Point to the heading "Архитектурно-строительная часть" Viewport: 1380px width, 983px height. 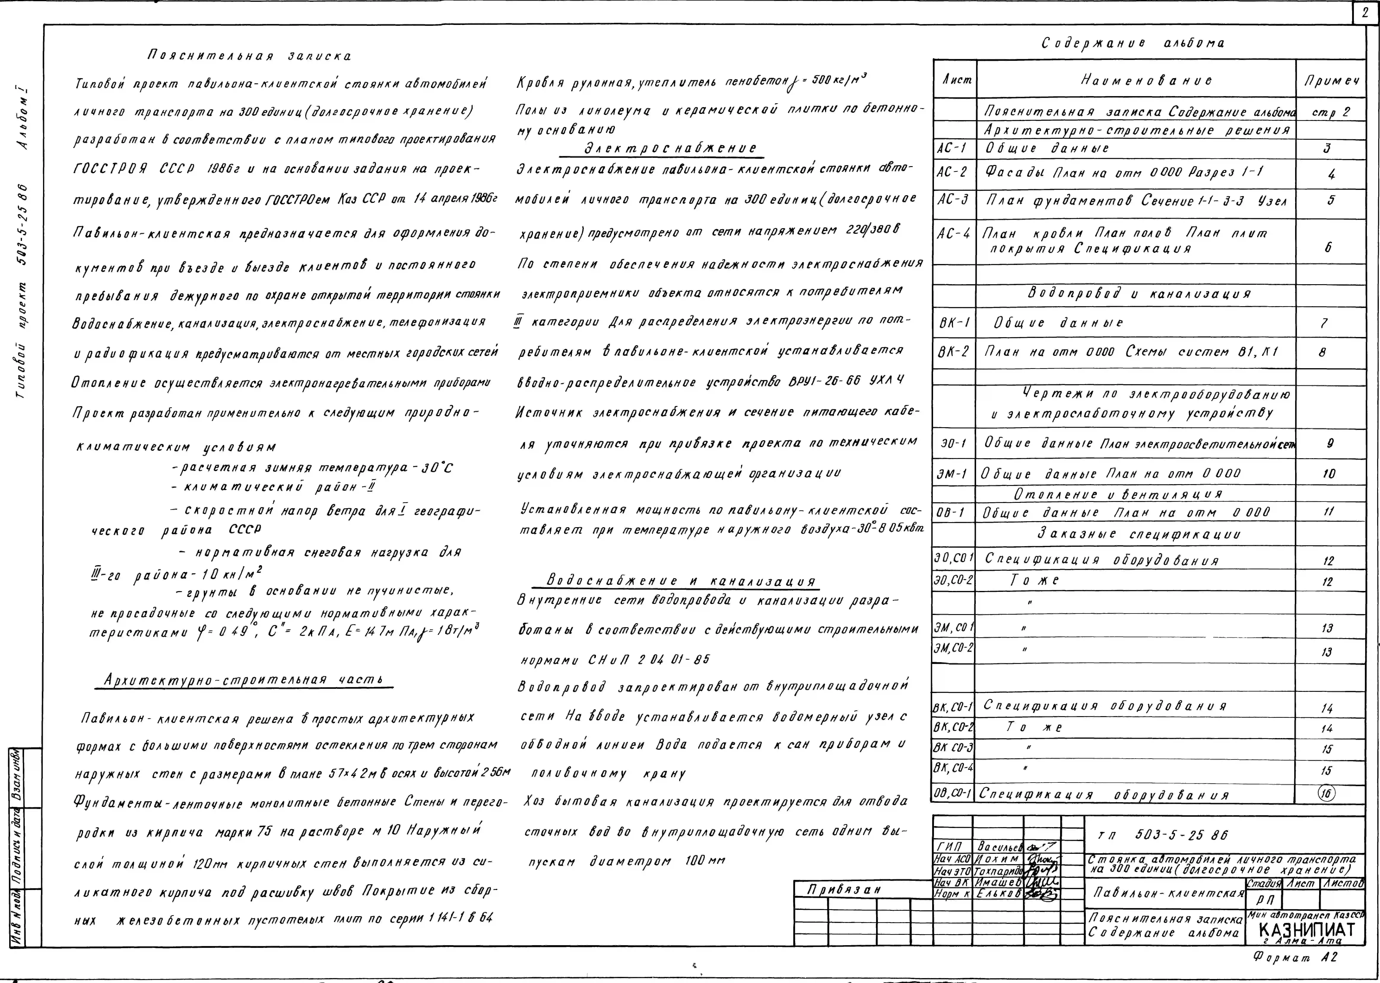[244, 680]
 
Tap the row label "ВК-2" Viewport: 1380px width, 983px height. [954, 352]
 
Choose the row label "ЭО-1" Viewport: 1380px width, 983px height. [954, 444]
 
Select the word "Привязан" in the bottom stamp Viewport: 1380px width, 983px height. [843, 889]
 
